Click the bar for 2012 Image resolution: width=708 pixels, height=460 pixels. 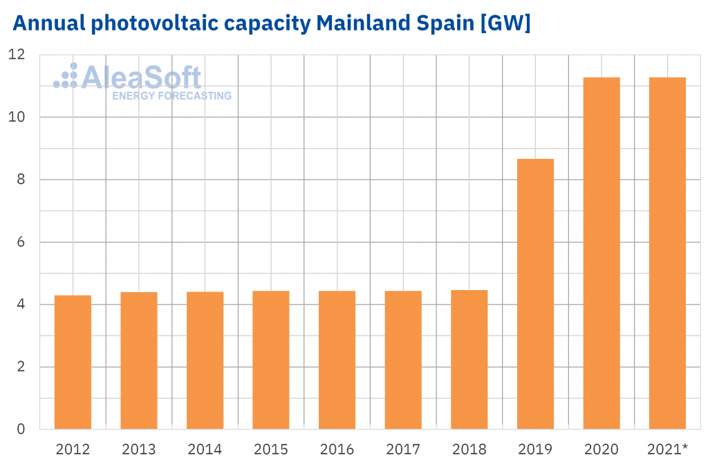click(x=73, y=362)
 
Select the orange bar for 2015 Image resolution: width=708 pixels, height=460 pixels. click(x=271, y=360)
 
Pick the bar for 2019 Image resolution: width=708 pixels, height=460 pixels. click(x=535, y=294)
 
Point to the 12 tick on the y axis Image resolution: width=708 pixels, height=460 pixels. click(x=17, y=55)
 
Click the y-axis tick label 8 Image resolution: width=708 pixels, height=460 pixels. click(x=21, y=180)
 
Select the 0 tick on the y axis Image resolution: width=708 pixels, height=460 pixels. click(x=21, y=429)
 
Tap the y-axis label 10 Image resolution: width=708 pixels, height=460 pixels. click(x=17, y=117)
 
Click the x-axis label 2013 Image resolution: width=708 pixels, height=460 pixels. click(x=139, y=448)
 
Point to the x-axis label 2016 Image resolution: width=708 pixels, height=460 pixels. click(x=337, y=448)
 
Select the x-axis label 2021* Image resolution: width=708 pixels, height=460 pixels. click(x=668, y=448)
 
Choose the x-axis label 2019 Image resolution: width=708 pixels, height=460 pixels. click(x=535, y=448)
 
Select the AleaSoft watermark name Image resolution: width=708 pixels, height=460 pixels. click(x=141, y=77)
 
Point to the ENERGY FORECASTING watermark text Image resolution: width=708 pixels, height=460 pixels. click(x=171, y=96)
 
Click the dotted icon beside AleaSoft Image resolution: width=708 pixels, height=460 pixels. click(x=66, y=77)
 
